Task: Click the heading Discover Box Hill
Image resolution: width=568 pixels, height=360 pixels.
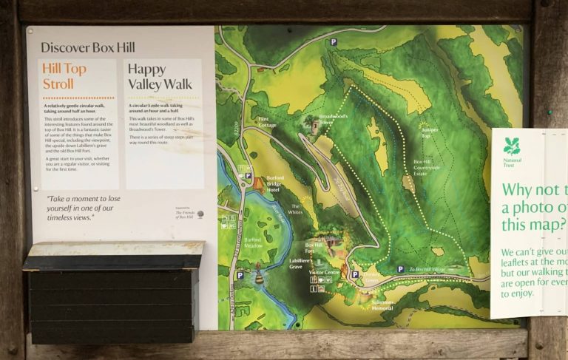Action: pyautogui.click(x=87, y=48)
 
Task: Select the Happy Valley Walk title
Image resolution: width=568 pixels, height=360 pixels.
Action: pyautogui.click(x=159, y=76)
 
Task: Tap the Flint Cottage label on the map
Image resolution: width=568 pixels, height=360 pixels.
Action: pyautogui.click(x=268, y=122)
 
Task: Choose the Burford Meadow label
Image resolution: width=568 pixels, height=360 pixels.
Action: pyautogui.click(x=253, y=241)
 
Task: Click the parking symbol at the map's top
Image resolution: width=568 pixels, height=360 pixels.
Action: pyautogui.click(x=334, y=43)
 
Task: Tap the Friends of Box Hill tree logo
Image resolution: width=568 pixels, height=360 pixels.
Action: pyautogui.click(x=200, y=214)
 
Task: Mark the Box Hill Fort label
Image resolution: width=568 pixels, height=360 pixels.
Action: pyautogui.click(x=315, y=248)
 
